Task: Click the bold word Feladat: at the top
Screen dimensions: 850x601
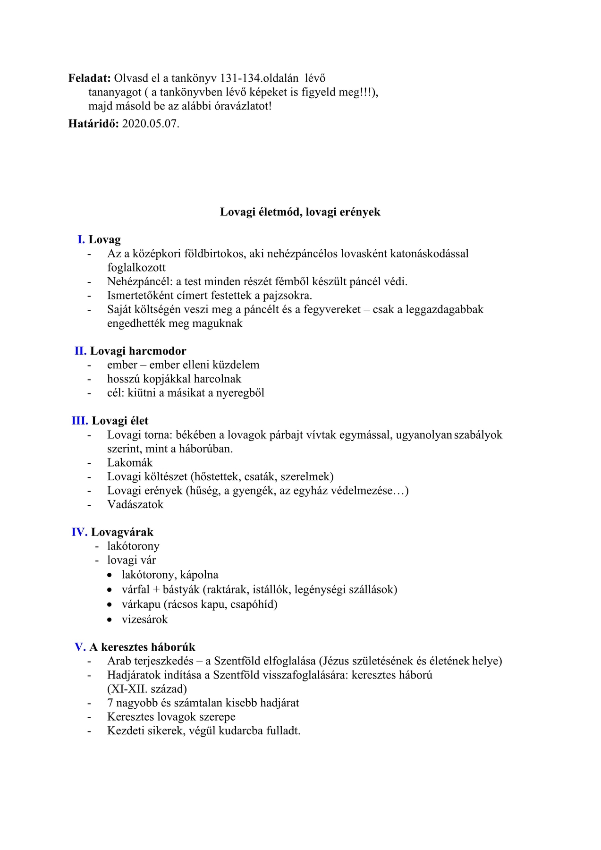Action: click(x=90, y=78)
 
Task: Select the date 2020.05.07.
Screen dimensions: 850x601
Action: click(x=151, y=124)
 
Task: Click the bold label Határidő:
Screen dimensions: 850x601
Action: click(x=93, y=124)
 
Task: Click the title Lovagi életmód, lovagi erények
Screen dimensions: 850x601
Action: click(x=300, y=212)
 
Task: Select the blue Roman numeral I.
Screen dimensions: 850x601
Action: click(x=81, y=239)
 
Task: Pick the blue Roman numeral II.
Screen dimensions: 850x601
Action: click(x=80, y=351)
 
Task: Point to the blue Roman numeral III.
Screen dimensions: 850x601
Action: click(x=80, y=421)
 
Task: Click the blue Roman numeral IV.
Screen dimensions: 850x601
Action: click(x=79, y=532)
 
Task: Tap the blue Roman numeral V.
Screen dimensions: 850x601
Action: click(x=80, y=647)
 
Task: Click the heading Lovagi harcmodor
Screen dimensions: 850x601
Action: click(x=138, y=351)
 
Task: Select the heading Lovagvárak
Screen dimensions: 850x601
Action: click(x=122, y=532)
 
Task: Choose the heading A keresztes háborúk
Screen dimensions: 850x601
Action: click(x=142, y=647)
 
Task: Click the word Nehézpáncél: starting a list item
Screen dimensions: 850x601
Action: click(x=140, y=281)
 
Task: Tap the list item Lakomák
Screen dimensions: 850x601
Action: click(x=130, y=463)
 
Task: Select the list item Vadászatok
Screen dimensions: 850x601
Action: click(x=135, y=504)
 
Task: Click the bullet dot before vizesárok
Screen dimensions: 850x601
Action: click(x=110, y=620)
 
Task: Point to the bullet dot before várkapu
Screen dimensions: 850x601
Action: click(x=110, y=604)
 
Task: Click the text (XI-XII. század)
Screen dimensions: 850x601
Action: click(x=147, y=689)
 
